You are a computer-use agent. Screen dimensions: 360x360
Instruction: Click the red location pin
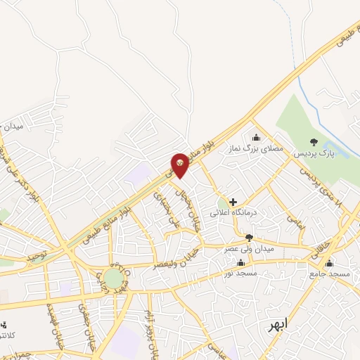[181, 165]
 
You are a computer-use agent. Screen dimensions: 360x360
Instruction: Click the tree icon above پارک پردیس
[314, 141]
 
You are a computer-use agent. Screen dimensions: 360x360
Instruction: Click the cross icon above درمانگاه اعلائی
[233, 201]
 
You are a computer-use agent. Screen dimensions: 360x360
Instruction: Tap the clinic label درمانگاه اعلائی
[236, 212]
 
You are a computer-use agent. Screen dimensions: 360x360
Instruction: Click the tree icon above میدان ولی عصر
[248, 237]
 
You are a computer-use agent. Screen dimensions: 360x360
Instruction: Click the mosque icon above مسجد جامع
[329, 262]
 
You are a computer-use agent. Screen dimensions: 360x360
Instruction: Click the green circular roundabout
[113, 278]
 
